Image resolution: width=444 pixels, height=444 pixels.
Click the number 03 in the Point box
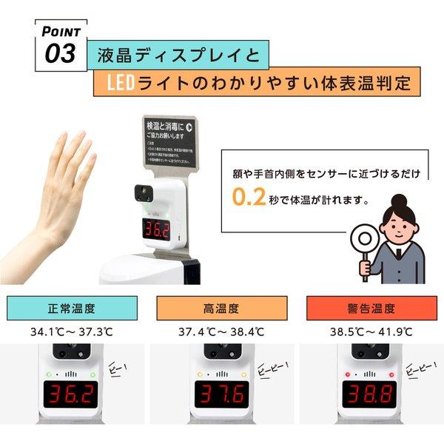pyautogui.click(x=60, y=53)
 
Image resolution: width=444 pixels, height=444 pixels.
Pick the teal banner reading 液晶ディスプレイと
pyautogui.click(x=178, y=55)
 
